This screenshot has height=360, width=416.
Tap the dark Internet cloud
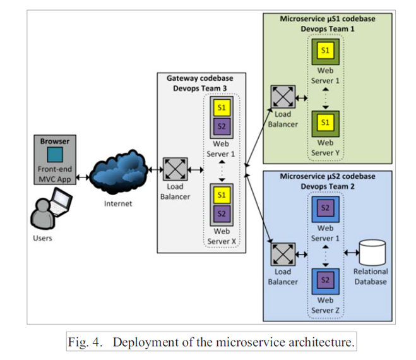118,171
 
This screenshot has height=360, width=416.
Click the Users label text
43,238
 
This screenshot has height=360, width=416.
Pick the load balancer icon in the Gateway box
173,169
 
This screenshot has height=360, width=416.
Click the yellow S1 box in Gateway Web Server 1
222,107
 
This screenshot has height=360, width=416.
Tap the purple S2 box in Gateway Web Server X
222,213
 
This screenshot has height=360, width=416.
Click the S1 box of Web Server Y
325,123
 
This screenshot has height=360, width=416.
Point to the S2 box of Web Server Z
325,279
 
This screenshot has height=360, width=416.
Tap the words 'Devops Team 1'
327,28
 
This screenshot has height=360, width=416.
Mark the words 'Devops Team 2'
327,186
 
